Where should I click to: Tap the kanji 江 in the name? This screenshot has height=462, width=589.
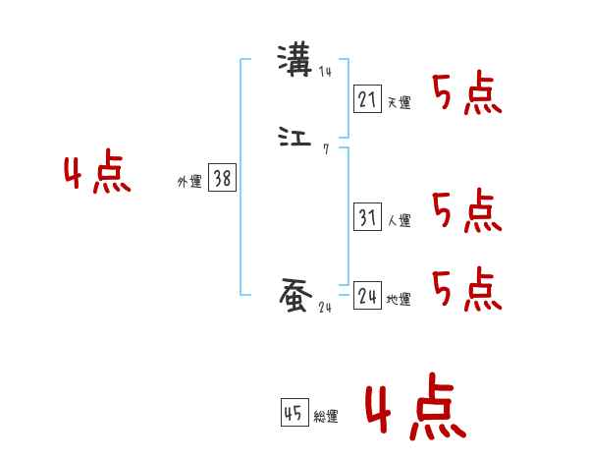(x=294, y=138)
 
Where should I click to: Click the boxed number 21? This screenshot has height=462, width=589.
(x=367, y=98)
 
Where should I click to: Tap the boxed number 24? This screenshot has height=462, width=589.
(x=367, y=296)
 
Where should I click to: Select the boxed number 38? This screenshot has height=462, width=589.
(x=223, y=178)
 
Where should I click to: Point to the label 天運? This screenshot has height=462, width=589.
(x=400, y=102)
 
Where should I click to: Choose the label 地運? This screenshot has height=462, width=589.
(x=400, y=300)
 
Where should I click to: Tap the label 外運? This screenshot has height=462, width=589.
(x=188, y=182)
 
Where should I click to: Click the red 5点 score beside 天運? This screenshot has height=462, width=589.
(x=467, y=94)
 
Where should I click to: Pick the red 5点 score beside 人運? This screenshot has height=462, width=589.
(x=467, y=210)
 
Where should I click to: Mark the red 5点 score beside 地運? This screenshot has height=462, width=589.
(x=467, y=288)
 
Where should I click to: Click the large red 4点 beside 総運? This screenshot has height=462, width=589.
(x=414, y=410)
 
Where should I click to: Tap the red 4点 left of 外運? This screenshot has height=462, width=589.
(x=97, y=175)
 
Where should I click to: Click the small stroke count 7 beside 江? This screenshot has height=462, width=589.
(x=326, y=148)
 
